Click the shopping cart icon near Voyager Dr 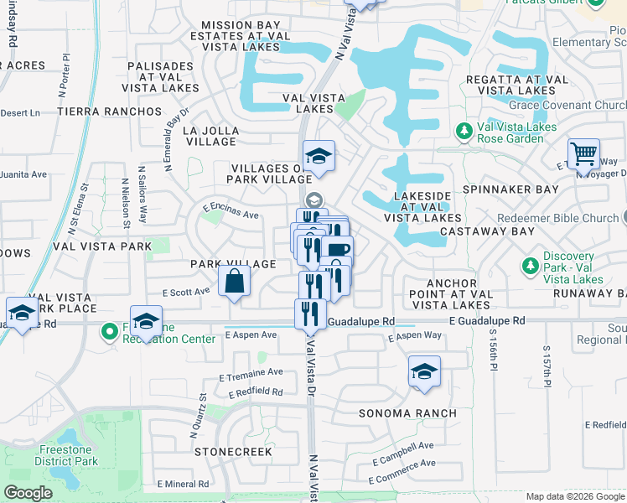click(583, 154)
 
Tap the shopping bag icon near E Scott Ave click(235, 282)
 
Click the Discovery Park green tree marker click(529, 266)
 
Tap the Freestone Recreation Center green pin click(109, 332)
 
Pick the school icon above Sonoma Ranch click(424, 372)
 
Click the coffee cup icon click(338, 251)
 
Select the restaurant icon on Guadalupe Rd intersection click(309, 314)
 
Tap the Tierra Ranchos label click(109, 111)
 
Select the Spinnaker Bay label click(510, 189)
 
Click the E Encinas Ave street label click(231, 215)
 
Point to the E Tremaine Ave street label click(251, 371)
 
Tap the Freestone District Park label click(68, 455)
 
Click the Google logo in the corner click(28, 493)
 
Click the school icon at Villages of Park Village click(319, 157)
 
